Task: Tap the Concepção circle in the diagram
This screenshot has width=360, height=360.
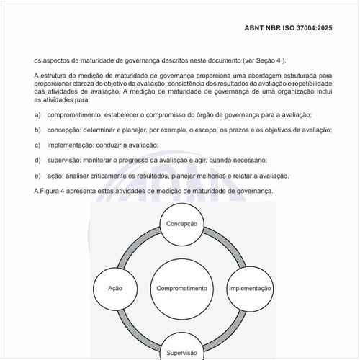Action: [x=181, y=225]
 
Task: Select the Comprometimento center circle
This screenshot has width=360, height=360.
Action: [x=181, y=288]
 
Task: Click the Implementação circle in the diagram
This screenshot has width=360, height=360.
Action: [x=250, y=288]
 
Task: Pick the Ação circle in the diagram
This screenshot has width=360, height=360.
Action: [x=115, y=288]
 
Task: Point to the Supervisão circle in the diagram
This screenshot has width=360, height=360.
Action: [x=181, y=351]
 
